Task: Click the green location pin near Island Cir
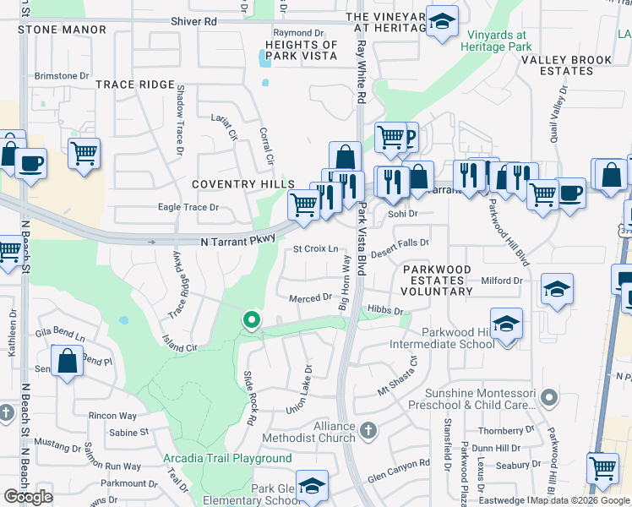pos(251,320)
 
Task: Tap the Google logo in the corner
pos(29,497)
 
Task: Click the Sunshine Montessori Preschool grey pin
pos(550,396)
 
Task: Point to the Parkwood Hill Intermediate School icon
pos(506,324)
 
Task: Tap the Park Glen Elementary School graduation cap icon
pos(312,486)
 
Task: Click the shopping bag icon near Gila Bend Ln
pos(67,362)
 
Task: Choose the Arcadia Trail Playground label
pos(227,459)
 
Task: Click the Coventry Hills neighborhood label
pos(242,184)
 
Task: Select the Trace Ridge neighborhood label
pos(134,84)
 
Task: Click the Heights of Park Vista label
pos(301,51)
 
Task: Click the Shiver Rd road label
pos(193,20)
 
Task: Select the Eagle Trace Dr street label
pos(188,207)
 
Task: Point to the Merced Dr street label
pos(310,298)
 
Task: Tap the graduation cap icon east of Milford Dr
pos(557,289)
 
